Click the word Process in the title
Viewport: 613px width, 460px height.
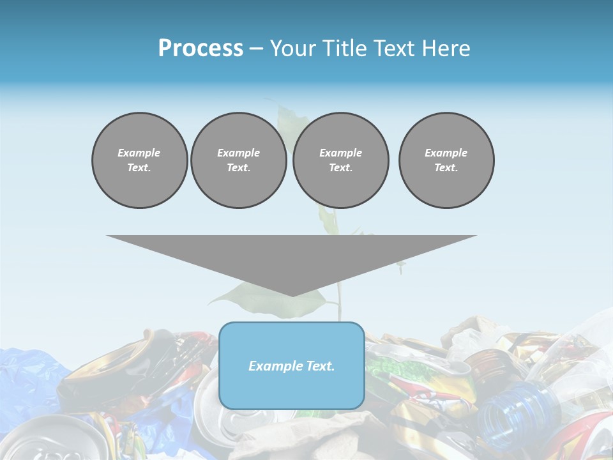(201, 49)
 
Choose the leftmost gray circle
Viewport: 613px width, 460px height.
(139, 160)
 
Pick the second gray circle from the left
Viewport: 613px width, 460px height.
(238, 160)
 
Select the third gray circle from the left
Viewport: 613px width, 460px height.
(340, 160)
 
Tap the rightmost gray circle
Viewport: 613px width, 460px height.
(446, 160)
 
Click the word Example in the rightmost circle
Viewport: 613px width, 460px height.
(446, 153)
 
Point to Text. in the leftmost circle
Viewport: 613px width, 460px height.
(139, 168)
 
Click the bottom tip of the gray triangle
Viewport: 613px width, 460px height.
(292, 295)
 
